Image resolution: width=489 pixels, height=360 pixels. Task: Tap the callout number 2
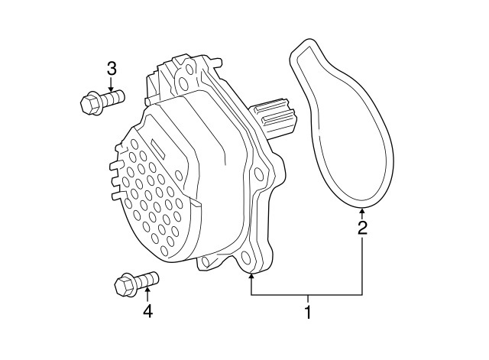click(x=362, y=227)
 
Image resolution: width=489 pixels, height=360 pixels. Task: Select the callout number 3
click(x=112, y=70)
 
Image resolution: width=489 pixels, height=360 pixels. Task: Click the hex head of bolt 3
click(x=89, y=101)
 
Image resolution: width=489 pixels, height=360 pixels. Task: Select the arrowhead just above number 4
click(x=147, y=293)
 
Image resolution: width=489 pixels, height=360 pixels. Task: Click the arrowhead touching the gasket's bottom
click(x=362, y=209)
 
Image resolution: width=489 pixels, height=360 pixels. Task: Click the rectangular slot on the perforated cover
click(x=155, y=147)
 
